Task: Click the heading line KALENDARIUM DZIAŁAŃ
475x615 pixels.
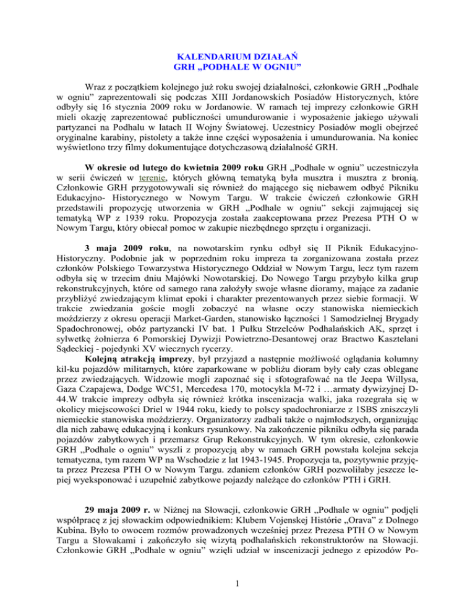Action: tap(237, 54)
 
